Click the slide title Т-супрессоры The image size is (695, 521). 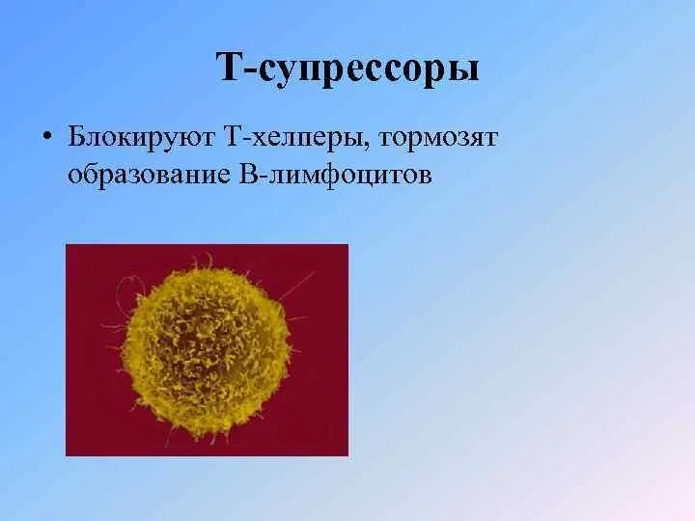click(347, 69)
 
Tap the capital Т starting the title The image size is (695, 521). click(226, 69)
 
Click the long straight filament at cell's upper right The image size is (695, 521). click(300, 284)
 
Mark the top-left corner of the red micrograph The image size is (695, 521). click(67, 245)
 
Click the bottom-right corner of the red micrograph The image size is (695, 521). click(347, 454)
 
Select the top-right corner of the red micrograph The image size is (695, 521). click(347, 245)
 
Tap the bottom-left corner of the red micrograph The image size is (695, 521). click(67, 454)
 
